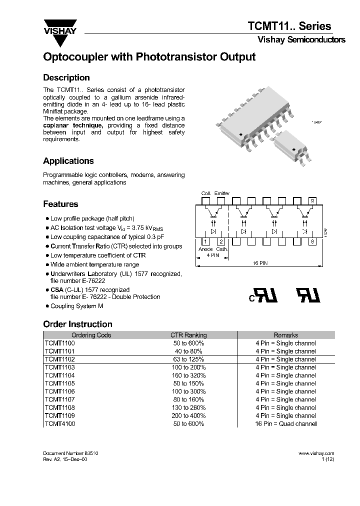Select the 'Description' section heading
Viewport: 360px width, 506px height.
point(66,77)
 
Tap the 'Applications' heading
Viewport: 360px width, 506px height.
point(68,161)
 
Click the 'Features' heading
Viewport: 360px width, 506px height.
point(60,204)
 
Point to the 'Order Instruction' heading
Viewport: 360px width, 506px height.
point(77,324)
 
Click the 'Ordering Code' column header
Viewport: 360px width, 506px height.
point(91,335)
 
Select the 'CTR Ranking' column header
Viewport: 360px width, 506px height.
point(188,335)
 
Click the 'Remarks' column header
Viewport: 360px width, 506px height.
point(285,335)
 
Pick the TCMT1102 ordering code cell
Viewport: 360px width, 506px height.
point(59,359)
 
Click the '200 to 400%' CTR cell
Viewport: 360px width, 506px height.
point(188,415)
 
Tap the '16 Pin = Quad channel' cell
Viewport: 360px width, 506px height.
point(285,423)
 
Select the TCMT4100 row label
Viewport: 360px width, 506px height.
point(59,423)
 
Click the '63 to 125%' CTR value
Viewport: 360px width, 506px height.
point(188,359)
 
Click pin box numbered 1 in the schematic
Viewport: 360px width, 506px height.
point(205,241)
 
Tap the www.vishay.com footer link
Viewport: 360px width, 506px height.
point(316,453)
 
